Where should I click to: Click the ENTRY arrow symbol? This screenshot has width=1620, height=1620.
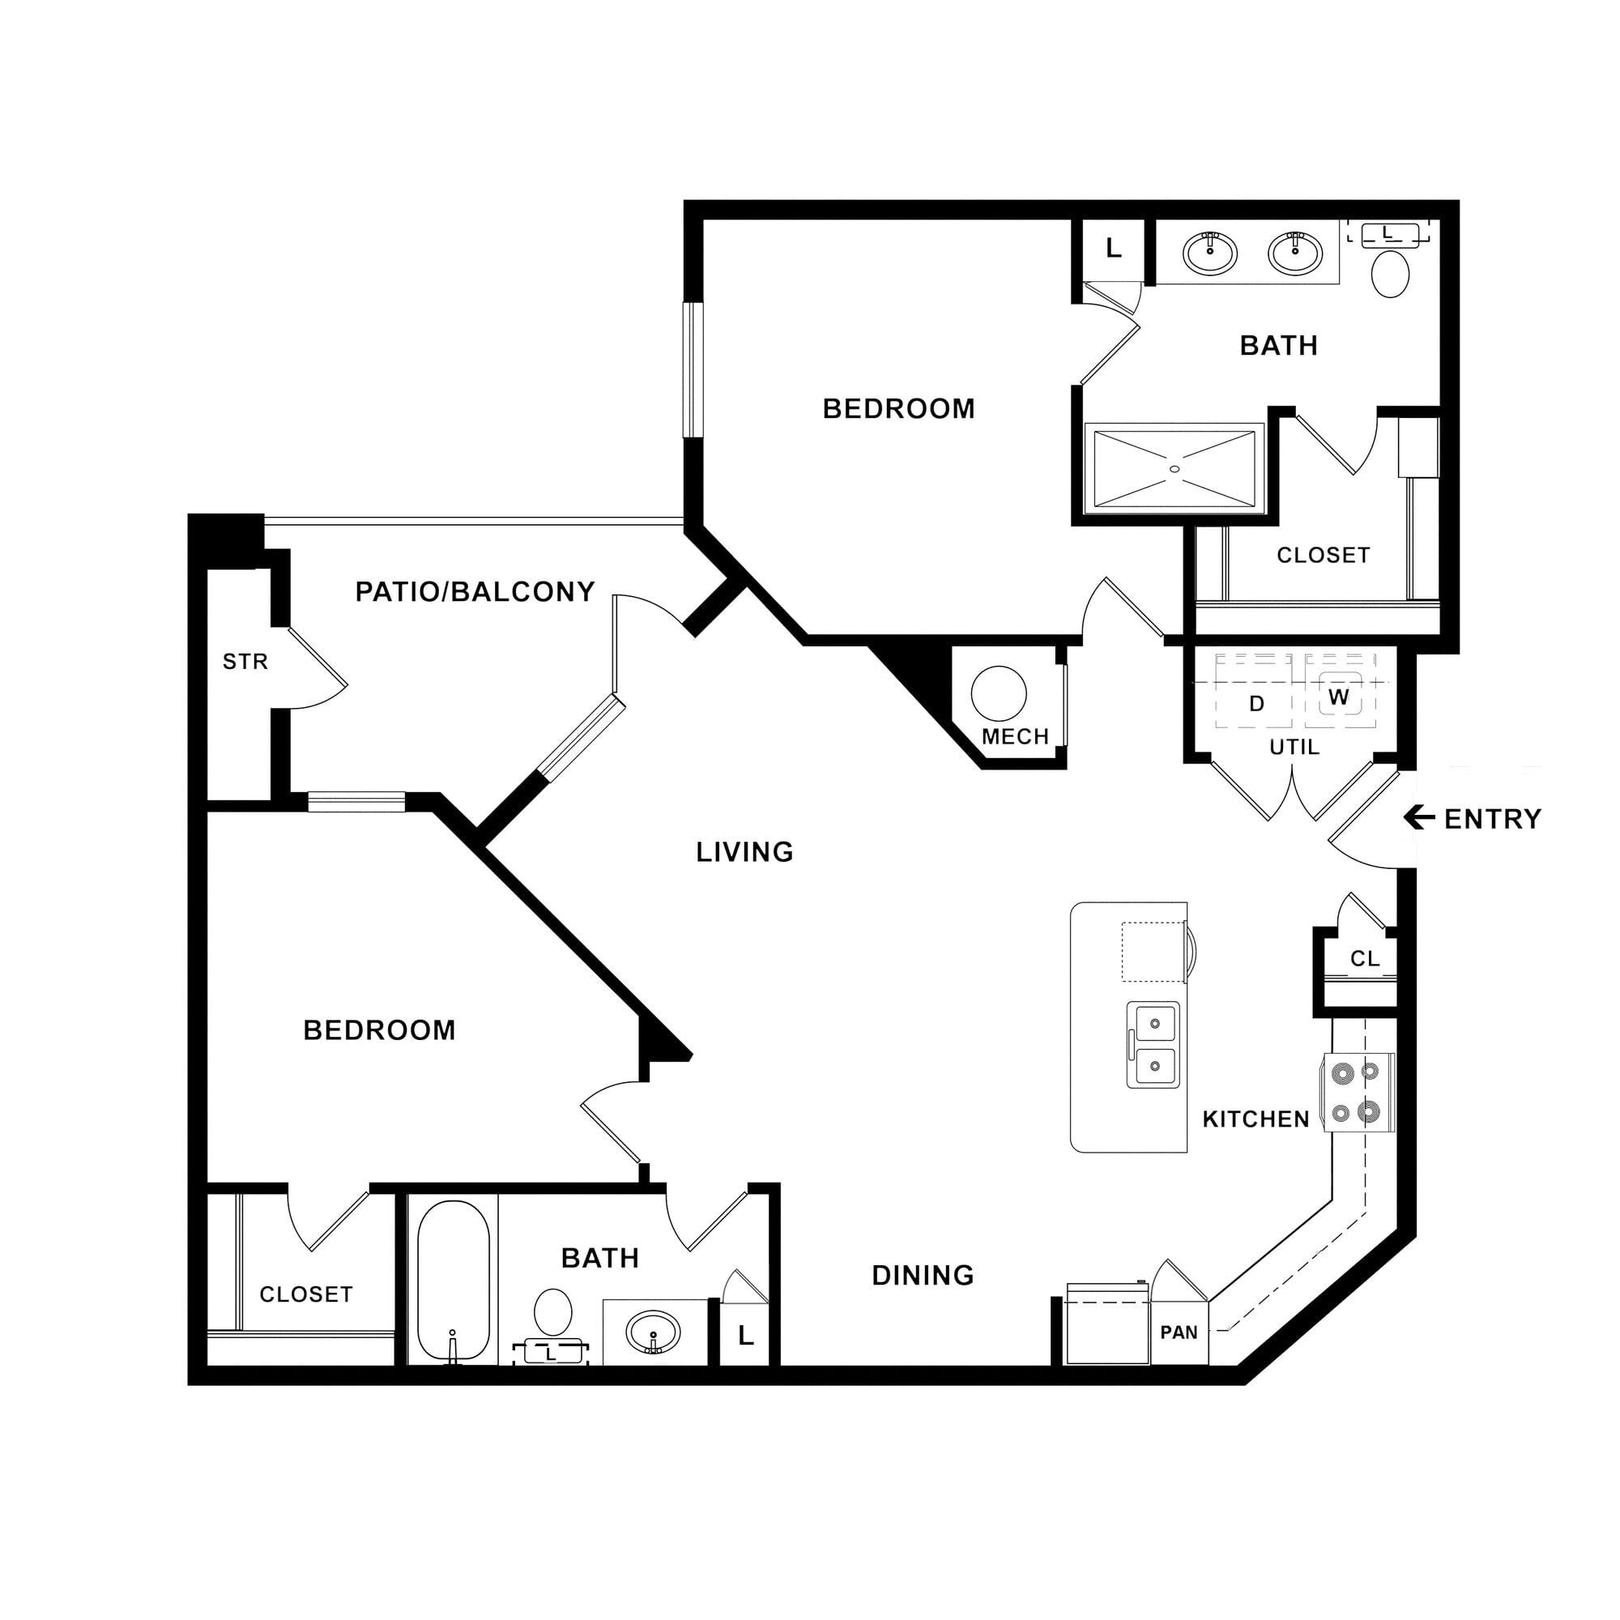click(x=1419, y=816)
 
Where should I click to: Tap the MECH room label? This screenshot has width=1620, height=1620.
click(x=1016, y=736)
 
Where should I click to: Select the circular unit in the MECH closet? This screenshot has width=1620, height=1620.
click(x=999, y=693)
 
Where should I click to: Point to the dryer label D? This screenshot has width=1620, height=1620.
click(x=1256, y=704)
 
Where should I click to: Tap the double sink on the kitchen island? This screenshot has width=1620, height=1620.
click(x=1153, y=1045)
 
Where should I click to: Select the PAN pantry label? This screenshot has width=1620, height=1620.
click(x=1179, y=1332)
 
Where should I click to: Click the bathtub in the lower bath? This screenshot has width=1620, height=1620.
click(x=453, y=1281)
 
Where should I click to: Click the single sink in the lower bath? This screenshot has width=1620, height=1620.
click(x=653, y=1332)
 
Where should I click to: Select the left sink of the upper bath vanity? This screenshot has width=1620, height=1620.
click(x=1209, y=252)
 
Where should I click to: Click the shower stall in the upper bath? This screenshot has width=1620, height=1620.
click(x=1174, y=469)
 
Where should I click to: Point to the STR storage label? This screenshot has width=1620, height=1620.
click(x=245, y=662)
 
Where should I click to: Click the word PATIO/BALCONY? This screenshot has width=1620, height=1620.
click(x=475, y=592)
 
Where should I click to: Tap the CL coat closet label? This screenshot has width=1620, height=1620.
click(x=1364, y=958)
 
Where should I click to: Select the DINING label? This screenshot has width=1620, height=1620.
click(x=923, y=1276)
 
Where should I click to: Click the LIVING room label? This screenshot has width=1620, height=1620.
click(x=744, y=852)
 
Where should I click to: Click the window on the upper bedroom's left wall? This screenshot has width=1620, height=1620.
click(x=693, y=370)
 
